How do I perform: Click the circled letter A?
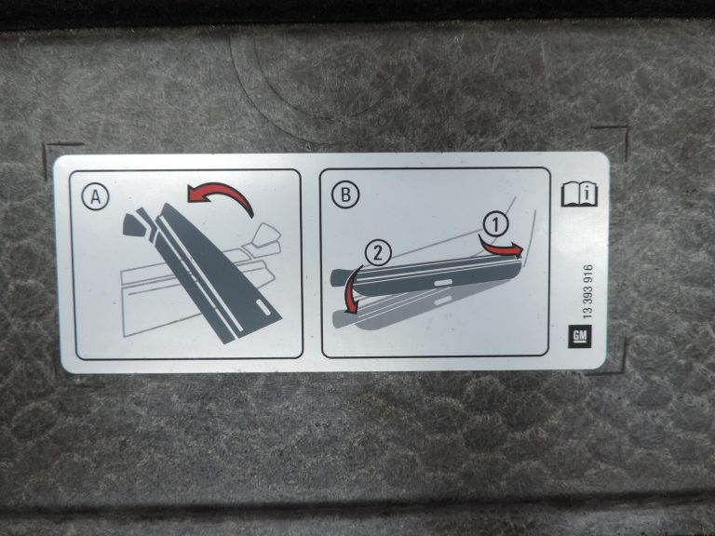[95, 197]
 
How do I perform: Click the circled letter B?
[345, 194]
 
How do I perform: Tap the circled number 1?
[496, 224]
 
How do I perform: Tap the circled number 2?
[378, 253]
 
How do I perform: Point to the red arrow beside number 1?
[501, 247]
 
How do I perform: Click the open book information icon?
[579, 194]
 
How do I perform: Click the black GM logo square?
[580, 336]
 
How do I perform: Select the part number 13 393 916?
[587, 291]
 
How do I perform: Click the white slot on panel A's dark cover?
[263, 307]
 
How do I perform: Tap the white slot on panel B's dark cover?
[443, 283]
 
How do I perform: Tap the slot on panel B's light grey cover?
[443, 300]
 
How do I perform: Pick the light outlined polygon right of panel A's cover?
[266, 234]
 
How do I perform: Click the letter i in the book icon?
[589, 193]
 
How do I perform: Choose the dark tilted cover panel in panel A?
[214, 269]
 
